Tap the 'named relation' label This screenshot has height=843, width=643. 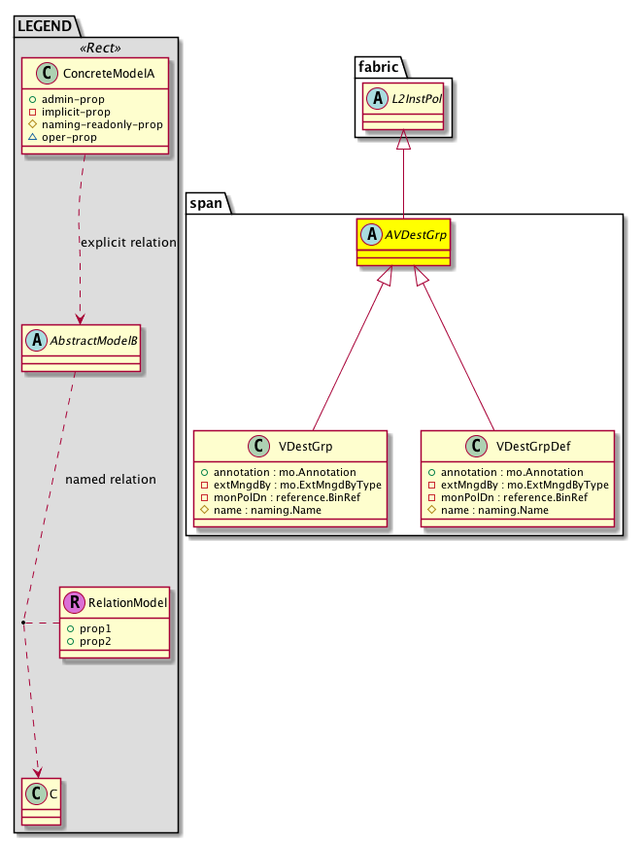tap(110, 479)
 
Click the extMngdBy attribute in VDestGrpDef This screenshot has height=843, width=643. tap(519, 484)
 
